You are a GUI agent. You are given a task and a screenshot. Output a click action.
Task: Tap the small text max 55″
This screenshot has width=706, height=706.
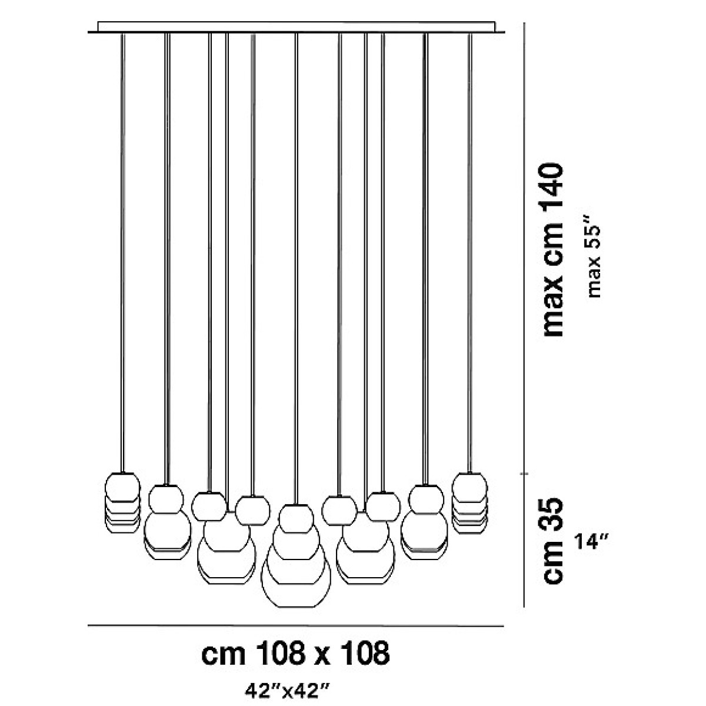594,261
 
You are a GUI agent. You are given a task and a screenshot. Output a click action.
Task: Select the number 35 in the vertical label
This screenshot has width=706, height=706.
552,512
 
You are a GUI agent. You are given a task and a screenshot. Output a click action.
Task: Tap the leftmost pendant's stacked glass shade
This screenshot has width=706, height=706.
122,503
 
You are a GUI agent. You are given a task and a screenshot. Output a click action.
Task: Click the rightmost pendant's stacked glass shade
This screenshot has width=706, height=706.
469,503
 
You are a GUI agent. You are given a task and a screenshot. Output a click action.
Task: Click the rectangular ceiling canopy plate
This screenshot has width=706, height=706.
297,27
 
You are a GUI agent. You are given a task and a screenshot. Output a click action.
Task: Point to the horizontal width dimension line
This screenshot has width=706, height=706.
296,626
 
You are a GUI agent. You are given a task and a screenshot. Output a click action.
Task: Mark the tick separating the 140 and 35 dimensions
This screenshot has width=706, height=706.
524,474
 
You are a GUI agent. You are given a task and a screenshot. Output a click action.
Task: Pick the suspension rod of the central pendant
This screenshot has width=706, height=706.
296,269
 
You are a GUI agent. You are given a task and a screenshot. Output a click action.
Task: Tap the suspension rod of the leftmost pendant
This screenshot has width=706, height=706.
122,253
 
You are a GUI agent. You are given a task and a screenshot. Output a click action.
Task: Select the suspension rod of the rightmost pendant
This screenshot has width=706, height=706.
469,253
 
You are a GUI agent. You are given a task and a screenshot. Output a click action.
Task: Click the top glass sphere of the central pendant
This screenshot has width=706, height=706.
296,518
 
